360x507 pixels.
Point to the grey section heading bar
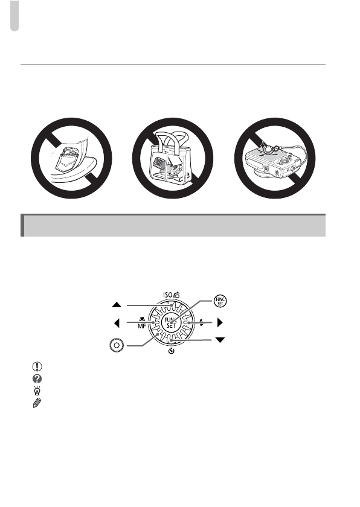(x=173, y=225)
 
